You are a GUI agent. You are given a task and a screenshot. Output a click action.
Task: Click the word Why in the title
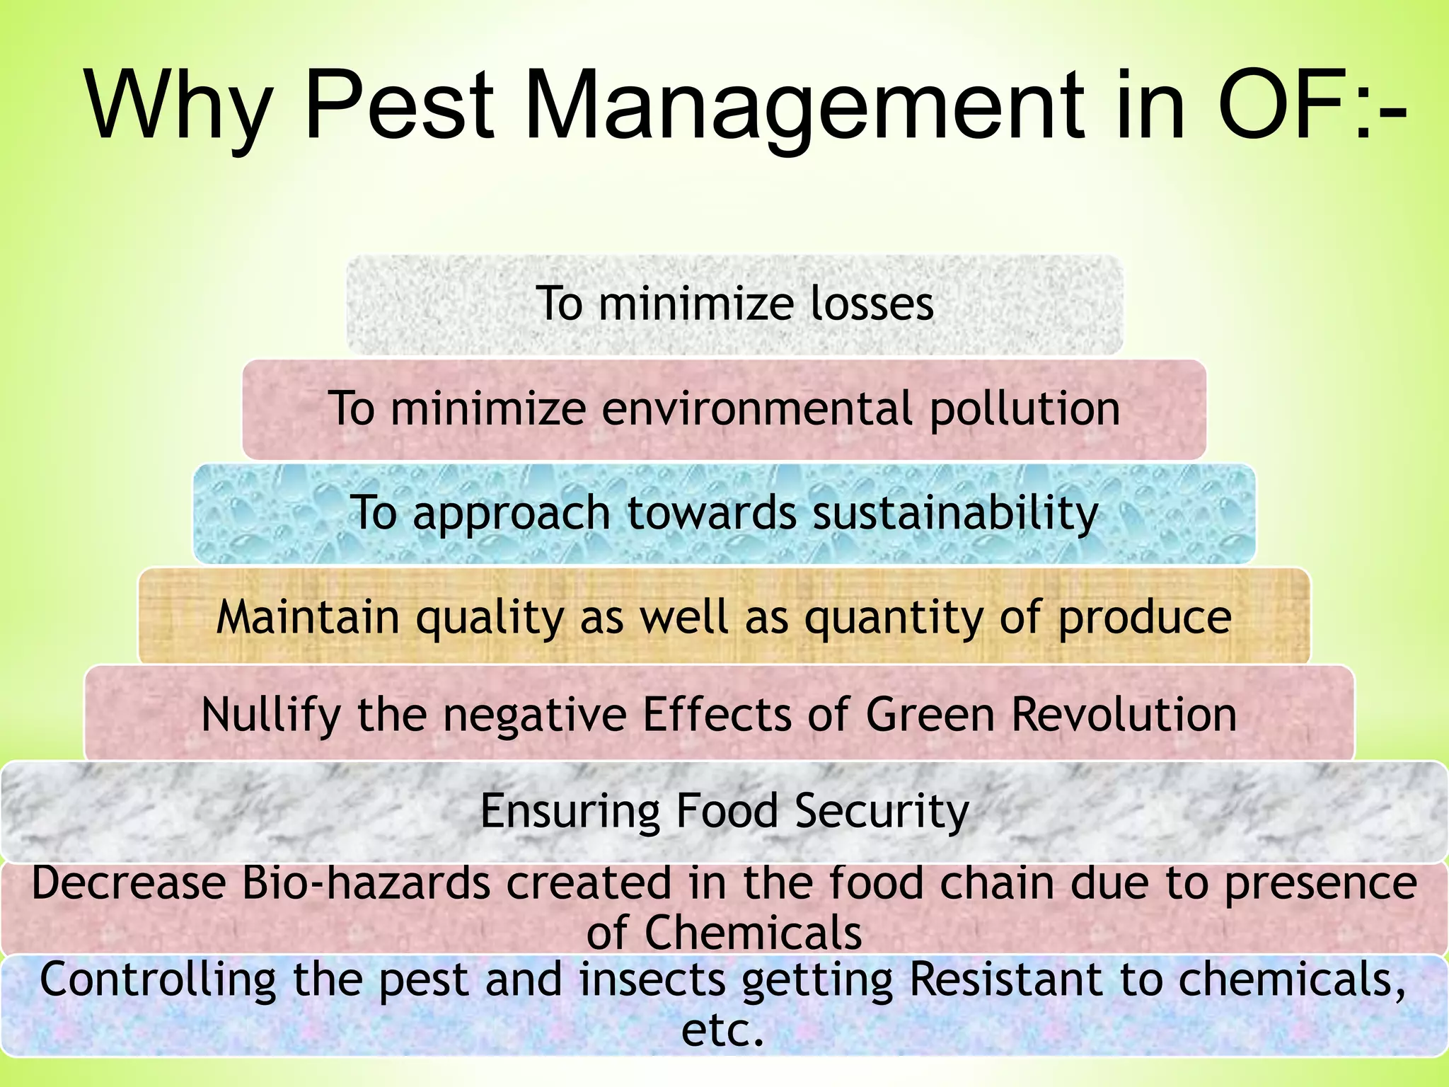coord(178,106)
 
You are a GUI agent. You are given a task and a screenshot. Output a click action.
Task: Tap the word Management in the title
coord(803,106)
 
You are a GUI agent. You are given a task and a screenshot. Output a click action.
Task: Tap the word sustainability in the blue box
coord(955,513)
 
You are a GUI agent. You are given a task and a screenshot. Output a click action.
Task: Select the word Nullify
coord(271,715)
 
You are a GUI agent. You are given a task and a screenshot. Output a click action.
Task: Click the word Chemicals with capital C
coord(753,933)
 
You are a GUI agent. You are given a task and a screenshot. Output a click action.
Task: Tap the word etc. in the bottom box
coord(723,1030)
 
